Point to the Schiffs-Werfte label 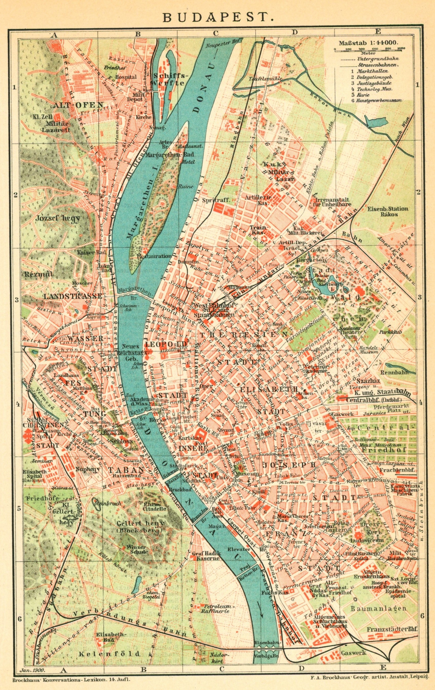tap(169, 79)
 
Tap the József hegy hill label tap(58, 218)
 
